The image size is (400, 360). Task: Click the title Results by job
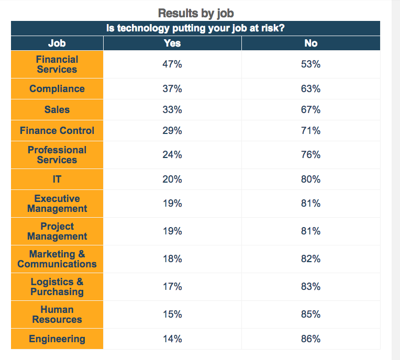point(195,13)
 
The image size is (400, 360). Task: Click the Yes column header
point(172,43)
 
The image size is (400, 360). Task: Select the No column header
point(310,43)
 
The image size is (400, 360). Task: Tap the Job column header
point(57,43)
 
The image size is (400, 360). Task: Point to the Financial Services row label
point(57,64)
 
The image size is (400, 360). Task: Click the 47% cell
point(172,64)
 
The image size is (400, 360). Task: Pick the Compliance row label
point(57,89)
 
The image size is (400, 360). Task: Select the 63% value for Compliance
point(310,89)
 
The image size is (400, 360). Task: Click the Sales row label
point(57,110)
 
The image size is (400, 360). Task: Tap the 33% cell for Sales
point(172,110)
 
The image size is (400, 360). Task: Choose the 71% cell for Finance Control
point(310,131)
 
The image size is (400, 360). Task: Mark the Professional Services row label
point(57,155)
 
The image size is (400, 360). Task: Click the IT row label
point(57,179)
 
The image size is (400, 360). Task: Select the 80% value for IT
point(310,179)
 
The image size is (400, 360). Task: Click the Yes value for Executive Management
point(172,204)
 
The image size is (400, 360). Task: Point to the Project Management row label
point(57,231)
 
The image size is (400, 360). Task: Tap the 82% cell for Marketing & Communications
point(310,259)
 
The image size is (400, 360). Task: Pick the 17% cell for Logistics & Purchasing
point(172,287)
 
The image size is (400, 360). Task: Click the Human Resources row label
point(57,314)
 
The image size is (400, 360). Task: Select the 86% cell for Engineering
point(310,339)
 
